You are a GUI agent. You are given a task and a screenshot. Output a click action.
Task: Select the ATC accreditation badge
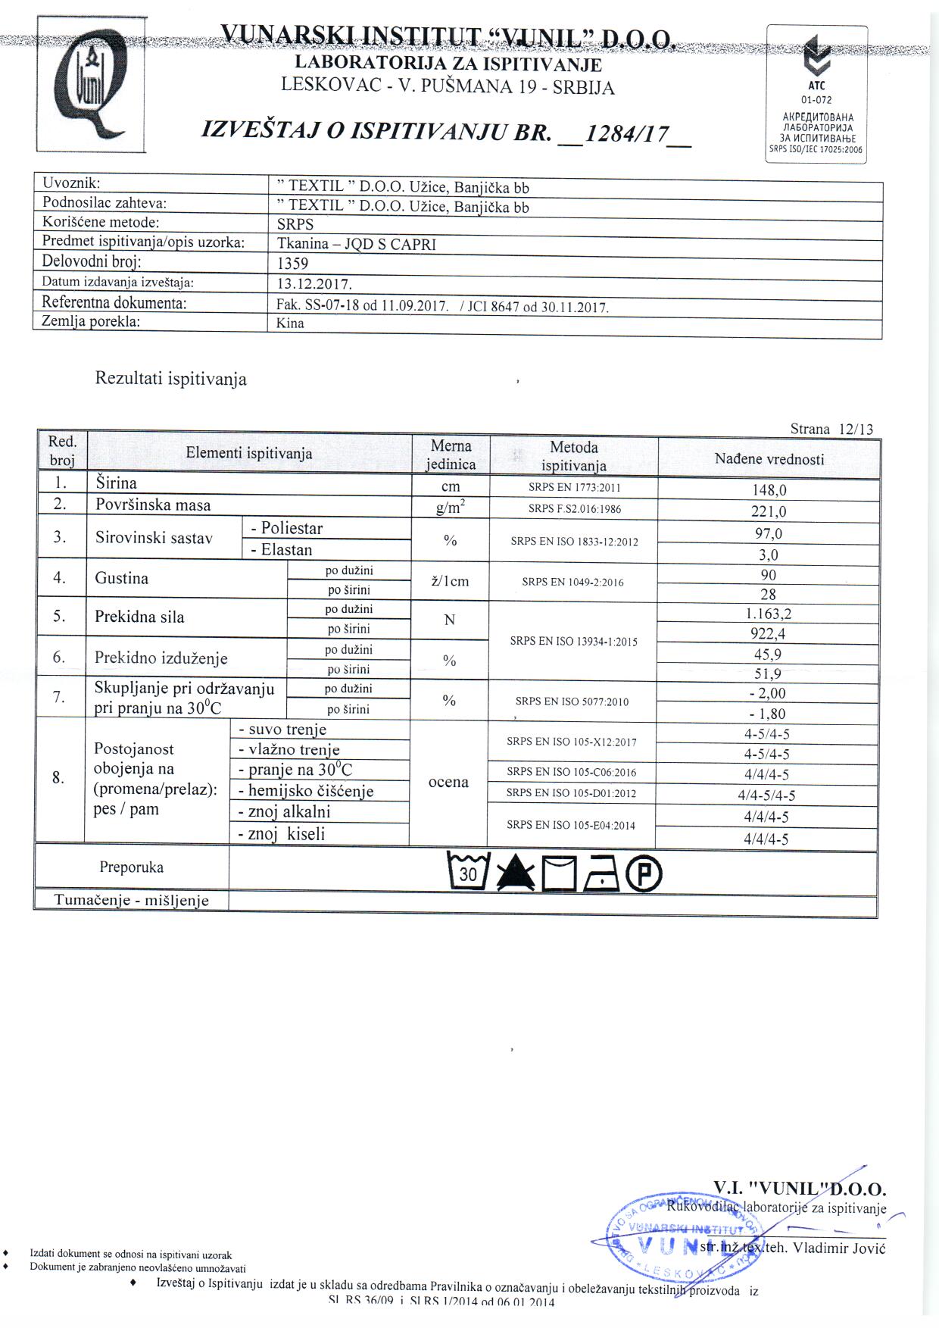click(x=817, y=94)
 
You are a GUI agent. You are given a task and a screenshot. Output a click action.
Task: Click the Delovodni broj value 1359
click(x=293, y=264)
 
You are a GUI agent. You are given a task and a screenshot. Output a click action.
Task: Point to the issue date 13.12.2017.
click(x=314, y=284)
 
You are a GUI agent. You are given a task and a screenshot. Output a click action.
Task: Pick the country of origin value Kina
click(x=291, y=323)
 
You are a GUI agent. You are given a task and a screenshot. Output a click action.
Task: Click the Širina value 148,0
click(x=769, y=490)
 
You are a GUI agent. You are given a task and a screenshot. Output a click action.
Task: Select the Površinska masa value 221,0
click(x=769, y=511)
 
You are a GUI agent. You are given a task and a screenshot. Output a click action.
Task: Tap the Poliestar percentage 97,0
click(x=769, y=533)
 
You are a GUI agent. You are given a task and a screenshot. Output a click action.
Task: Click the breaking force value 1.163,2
click(x=769, y=614)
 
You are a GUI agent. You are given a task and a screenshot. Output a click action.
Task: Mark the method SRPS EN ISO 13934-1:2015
click(x=573, y=642)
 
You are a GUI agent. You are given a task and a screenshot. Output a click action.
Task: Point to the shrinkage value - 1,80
click(x=767, y=714)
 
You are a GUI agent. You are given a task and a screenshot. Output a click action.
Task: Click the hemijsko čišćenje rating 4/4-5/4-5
click(x=767, y=795)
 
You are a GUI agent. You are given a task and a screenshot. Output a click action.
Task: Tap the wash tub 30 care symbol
click(x=469, y=872)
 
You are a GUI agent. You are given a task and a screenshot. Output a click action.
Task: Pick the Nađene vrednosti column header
click(x=769, y=459)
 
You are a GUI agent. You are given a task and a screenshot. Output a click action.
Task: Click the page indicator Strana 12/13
click(x=831, y=430)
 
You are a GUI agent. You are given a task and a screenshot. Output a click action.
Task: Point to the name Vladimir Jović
click(x=838, y=1248)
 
